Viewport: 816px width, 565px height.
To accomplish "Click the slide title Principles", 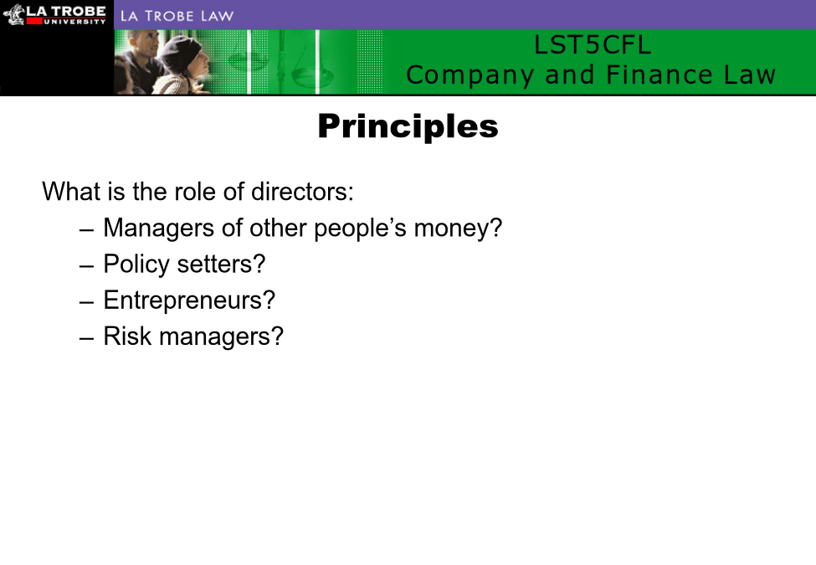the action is point(408,126).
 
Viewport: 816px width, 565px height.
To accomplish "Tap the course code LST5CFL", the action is point(593,44).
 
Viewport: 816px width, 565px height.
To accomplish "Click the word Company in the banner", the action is point(470,76).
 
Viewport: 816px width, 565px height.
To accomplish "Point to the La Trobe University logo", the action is point(54,14).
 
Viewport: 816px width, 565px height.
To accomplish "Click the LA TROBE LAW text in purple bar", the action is point(177,16).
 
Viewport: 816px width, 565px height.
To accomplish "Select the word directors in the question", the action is point(302,192).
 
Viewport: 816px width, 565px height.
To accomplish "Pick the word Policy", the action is point(136,265).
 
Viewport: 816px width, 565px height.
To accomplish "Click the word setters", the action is point(221,265).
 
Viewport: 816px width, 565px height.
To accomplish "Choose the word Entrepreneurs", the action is point(189,300).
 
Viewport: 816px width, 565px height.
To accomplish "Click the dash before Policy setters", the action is point(87,266).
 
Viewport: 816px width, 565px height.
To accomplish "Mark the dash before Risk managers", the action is point(87,338).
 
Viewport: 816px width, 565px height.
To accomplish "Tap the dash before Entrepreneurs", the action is point(87,302).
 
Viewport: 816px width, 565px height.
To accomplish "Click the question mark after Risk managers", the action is point(277,336).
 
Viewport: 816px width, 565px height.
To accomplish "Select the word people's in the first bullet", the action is point(360,229).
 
